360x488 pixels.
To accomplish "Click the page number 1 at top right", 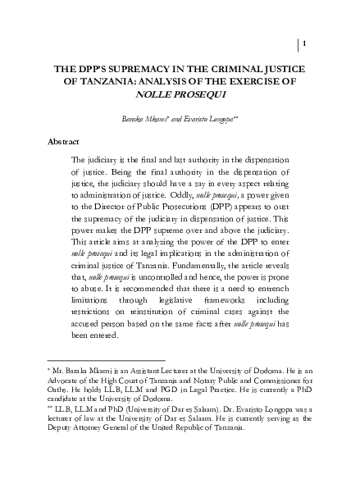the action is tap(305, 43).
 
